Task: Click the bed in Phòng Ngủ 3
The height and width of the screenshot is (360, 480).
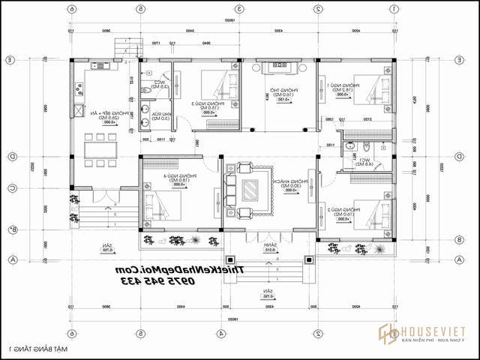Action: pyautogui.click(x=217, y=91)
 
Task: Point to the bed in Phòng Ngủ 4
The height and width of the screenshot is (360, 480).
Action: pyautogui.click(x=160, y=203)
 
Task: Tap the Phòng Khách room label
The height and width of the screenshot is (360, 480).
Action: pyautogui.click(x=295, y=187)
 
